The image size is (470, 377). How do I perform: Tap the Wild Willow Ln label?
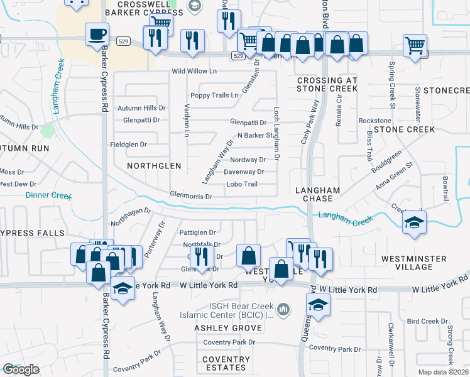pos(194,72)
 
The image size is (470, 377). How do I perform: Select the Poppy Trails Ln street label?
pos(214,96)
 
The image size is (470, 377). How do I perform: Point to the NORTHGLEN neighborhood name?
pos(154,166)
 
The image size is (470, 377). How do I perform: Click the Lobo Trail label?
pos(242,184)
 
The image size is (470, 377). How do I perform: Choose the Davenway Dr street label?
pos(244,172)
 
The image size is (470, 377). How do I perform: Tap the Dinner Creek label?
pos(48,195)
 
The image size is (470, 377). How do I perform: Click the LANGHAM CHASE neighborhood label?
pos(317,194)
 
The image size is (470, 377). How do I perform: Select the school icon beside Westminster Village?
pos(413,224)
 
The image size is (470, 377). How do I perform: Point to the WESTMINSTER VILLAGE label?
pos(414,263)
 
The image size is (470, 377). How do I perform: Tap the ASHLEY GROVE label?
pos(227,328)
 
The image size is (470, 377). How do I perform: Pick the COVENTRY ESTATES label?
pos(226,363)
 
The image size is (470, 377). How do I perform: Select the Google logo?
pos(21,369)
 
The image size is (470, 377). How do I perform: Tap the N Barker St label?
pos(255,135)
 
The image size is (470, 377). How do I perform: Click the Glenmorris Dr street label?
pos(191,197)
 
